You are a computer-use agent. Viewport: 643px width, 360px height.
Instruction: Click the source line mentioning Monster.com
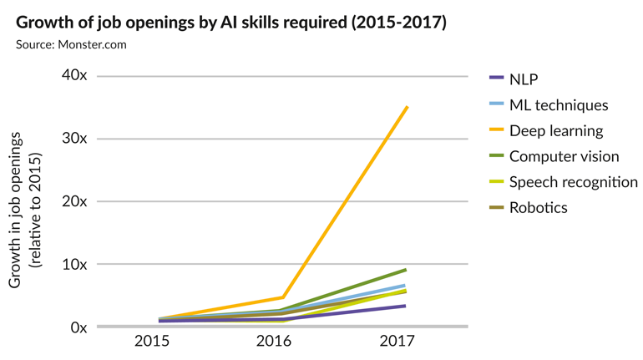(71, 44)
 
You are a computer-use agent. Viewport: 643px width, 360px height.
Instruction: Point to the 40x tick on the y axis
(74, 76)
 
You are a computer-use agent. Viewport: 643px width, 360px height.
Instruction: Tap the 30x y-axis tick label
(74, 139)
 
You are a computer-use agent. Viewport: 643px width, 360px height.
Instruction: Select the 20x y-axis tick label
(74, 201)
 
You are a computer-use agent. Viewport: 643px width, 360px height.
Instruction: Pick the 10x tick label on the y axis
(74, 264)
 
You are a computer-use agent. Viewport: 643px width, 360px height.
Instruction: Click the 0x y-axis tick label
(78, 327)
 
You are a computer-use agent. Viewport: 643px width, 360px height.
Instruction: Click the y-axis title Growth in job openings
(25, 209)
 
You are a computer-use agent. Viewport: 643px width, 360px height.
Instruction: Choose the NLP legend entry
(524, 79)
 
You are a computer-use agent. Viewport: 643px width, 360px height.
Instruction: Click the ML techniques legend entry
(559, 105)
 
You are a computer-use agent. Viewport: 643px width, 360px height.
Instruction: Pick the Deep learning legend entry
(556, 130)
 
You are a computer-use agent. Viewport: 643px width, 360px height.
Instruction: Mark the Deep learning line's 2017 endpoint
(407, 107)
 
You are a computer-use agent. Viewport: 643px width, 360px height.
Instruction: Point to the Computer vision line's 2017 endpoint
(405, 270)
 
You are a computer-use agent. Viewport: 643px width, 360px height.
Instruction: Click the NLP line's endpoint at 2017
(405, 306)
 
